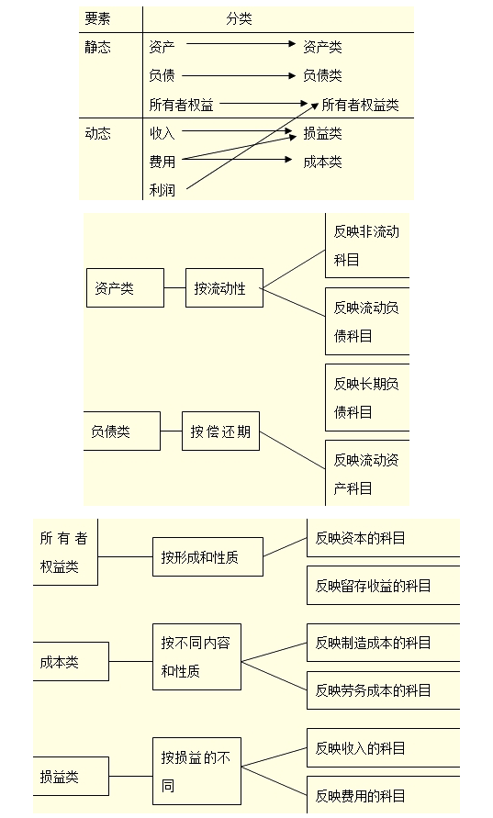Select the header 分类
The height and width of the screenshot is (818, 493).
239,18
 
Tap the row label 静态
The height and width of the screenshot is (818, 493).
97,47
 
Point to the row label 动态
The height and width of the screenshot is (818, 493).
97,133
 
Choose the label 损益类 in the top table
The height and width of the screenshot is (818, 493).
322,133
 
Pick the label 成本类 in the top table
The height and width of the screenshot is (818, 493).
322,162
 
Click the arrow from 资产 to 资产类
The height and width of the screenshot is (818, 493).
241,42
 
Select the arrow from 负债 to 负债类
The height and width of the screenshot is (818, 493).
241,72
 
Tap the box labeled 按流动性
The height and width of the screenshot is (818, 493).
223,288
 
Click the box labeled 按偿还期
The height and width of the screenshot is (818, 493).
220,431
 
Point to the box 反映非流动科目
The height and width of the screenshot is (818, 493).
366,245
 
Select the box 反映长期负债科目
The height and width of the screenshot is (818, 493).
366,398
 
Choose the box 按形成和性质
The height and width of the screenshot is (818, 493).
207,556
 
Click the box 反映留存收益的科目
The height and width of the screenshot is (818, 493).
382,585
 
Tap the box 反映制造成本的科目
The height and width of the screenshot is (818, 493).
382,643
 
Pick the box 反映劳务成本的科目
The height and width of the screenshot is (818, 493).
382,689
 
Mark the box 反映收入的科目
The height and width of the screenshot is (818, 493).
382,747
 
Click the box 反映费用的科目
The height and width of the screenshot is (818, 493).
382,795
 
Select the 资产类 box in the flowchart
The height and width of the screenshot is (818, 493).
125,288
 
